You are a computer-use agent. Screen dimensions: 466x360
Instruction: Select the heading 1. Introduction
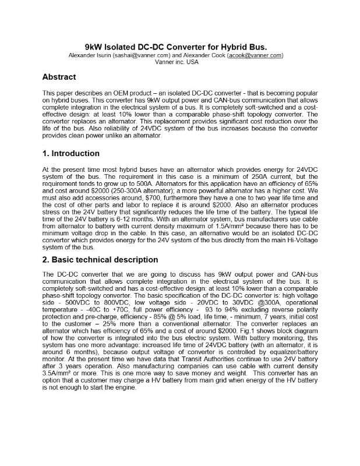click(x=71, y=154)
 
